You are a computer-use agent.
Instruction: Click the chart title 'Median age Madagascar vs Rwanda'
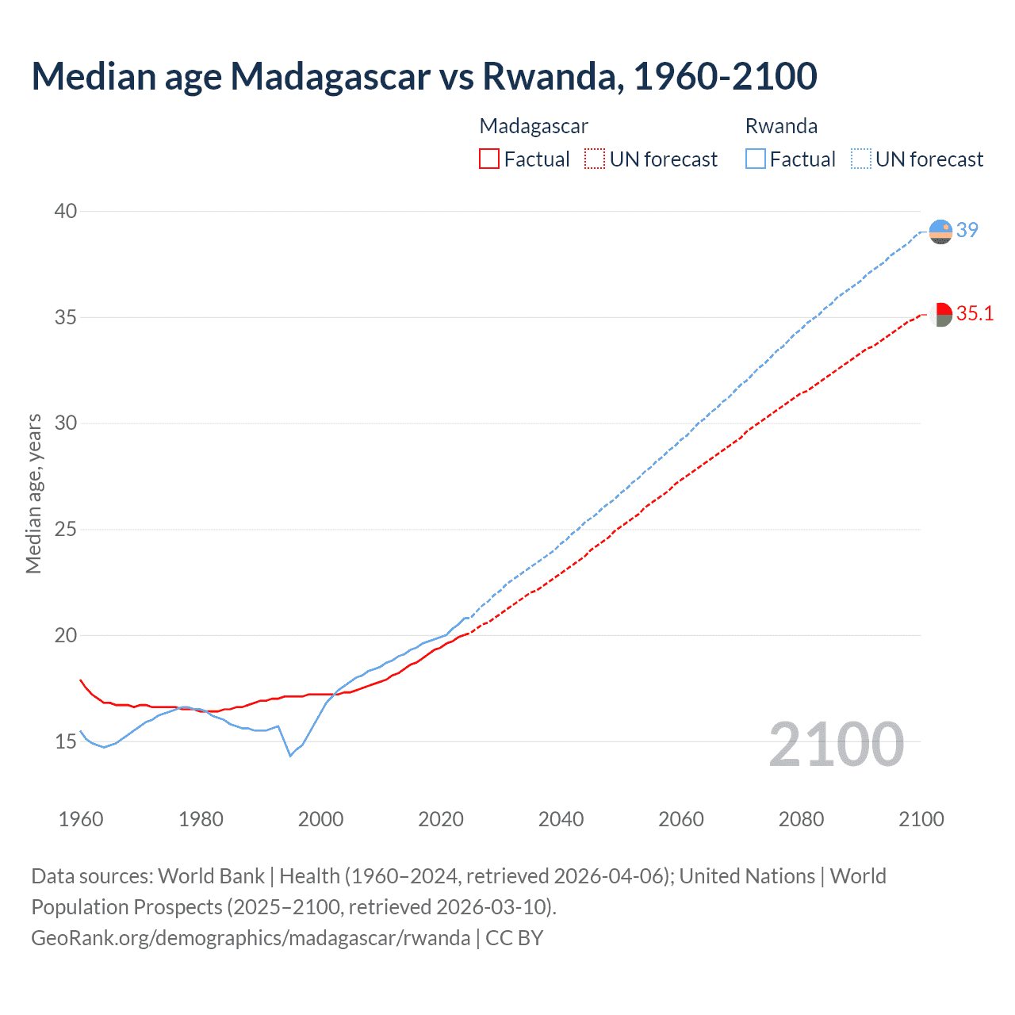click(424, 76)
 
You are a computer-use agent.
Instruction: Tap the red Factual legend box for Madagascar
click(489, 159)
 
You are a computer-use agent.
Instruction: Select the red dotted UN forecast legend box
click(594, 159)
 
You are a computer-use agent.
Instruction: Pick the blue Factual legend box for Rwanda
click(755, 159)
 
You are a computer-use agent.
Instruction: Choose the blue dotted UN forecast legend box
click(860, 159)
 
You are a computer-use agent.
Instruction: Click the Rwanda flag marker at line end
click(940, 232)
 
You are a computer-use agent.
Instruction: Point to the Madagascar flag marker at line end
click(940, 314)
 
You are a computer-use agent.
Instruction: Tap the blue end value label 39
click(967, 230)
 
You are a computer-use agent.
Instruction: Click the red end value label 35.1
click(975, 314)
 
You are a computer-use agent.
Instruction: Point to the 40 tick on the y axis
click(66, 211)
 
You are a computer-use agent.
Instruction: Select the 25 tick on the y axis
click(66, 529)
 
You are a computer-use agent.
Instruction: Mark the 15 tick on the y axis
click(66, 741)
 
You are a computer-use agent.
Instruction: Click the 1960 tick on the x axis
click(81, 819)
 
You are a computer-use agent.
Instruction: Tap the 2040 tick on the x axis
click(561, 819)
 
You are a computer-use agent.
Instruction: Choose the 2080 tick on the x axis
click(801, 819)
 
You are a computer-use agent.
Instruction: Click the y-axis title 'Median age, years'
click(33, 493)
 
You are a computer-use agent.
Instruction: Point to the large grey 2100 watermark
click(836, 744)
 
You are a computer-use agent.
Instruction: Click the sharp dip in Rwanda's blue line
click(290, 755)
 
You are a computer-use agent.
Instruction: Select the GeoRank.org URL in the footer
click(251, 938)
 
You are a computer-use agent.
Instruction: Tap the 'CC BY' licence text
click(515, 938)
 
